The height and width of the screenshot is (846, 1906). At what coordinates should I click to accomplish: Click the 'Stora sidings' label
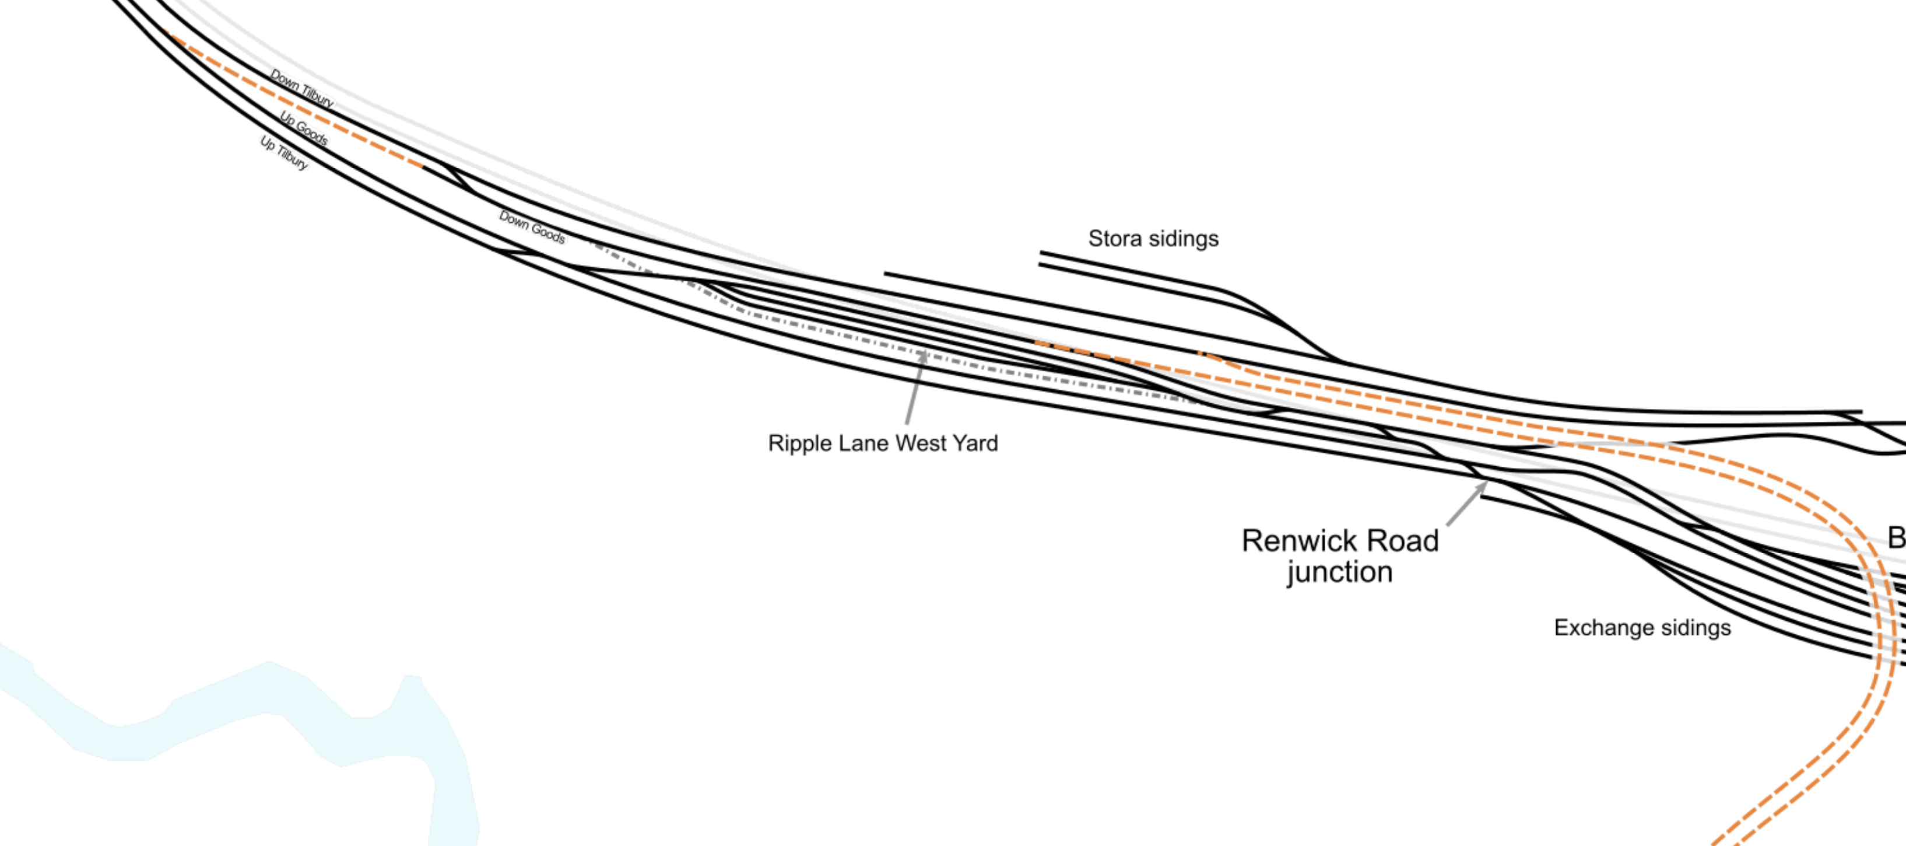(x=1153, y=238)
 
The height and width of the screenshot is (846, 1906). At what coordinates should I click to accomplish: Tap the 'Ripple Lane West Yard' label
(x=883, y=443)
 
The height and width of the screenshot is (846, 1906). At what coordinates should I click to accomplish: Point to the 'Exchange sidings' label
(x=1642, y=628)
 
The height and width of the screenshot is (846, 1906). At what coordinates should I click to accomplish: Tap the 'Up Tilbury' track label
(x=284, y=152)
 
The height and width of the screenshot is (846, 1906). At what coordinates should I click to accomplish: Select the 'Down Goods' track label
(x=532, y=227)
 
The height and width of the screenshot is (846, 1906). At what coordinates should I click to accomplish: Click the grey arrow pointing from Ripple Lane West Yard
(x=915, y=387)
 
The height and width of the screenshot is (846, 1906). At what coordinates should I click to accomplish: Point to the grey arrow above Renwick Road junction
(x=1466, y=504)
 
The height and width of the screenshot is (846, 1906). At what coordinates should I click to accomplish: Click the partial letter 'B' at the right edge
(x=1897, y=537)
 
